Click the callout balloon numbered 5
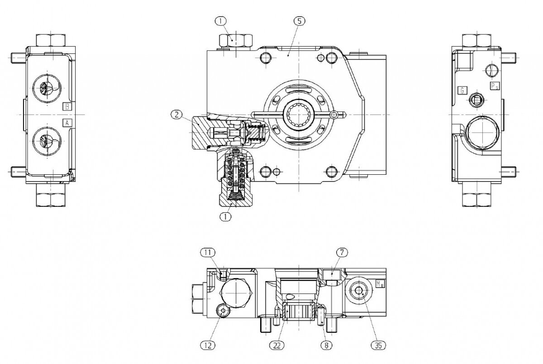coord(300,21)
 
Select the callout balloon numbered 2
coord(177,115)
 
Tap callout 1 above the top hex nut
coord(221,21)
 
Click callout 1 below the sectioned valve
coord(225,216)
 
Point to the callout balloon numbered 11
coord(208,253)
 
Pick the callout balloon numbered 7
coord(342,253)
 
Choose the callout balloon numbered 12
coord(208,345)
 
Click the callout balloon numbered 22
coord(276,345)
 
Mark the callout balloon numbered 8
coord(326,345)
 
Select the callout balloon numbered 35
coord(378,345)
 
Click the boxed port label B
coord(67,106)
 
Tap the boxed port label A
coord(67,123)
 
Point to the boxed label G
coord(462,91)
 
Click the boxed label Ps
coord(495,86)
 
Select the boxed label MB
coord(380,284)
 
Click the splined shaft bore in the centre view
coord(299,115)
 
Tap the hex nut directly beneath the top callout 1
coord(236,41)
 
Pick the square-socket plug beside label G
coord(476,100)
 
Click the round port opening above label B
coord(47,88)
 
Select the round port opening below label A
coord(47,141)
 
